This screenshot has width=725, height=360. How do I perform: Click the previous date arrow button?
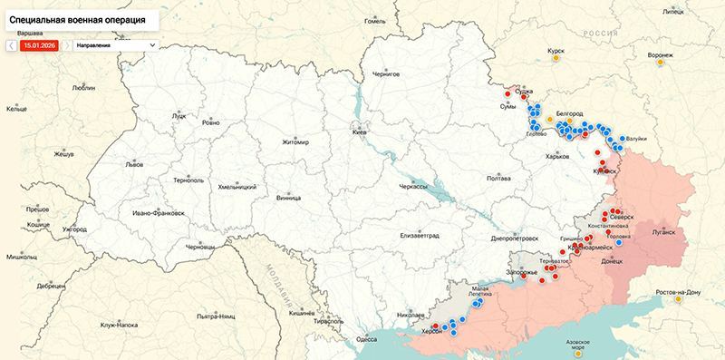click(x=10, y=44)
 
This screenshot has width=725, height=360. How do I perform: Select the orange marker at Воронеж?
click(x=661, y=63)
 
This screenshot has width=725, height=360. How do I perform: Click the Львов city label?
click(x=134, y=166)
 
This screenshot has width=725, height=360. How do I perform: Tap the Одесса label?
click(x=366, y=338)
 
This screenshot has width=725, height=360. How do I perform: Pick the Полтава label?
click(x=499, y=179)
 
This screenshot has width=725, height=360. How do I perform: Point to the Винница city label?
click(x=288, y=197)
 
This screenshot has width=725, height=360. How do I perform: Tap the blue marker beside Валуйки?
click(x=622, y=138)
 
